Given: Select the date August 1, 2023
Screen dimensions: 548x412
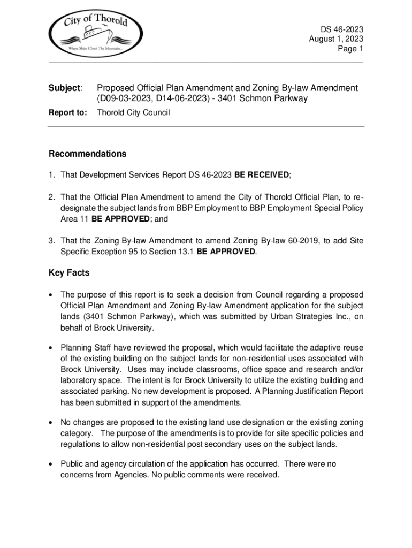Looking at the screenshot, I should point(336,39).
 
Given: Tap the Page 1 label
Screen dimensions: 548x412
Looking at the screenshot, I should point(350,49).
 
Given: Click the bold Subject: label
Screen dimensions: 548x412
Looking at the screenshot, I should point(65,88).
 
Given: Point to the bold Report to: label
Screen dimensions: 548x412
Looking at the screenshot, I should point(67,113).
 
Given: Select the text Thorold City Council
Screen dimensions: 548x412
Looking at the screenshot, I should point(133,113).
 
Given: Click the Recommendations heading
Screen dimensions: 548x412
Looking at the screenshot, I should point(88,154).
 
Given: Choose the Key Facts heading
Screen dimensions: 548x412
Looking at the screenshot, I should point(69,273).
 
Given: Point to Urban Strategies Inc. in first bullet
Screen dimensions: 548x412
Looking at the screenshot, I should point(306,316).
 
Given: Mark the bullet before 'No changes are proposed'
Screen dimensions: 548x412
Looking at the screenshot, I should point(51,423).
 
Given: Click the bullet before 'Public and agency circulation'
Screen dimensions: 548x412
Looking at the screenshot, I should point(51,465).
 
